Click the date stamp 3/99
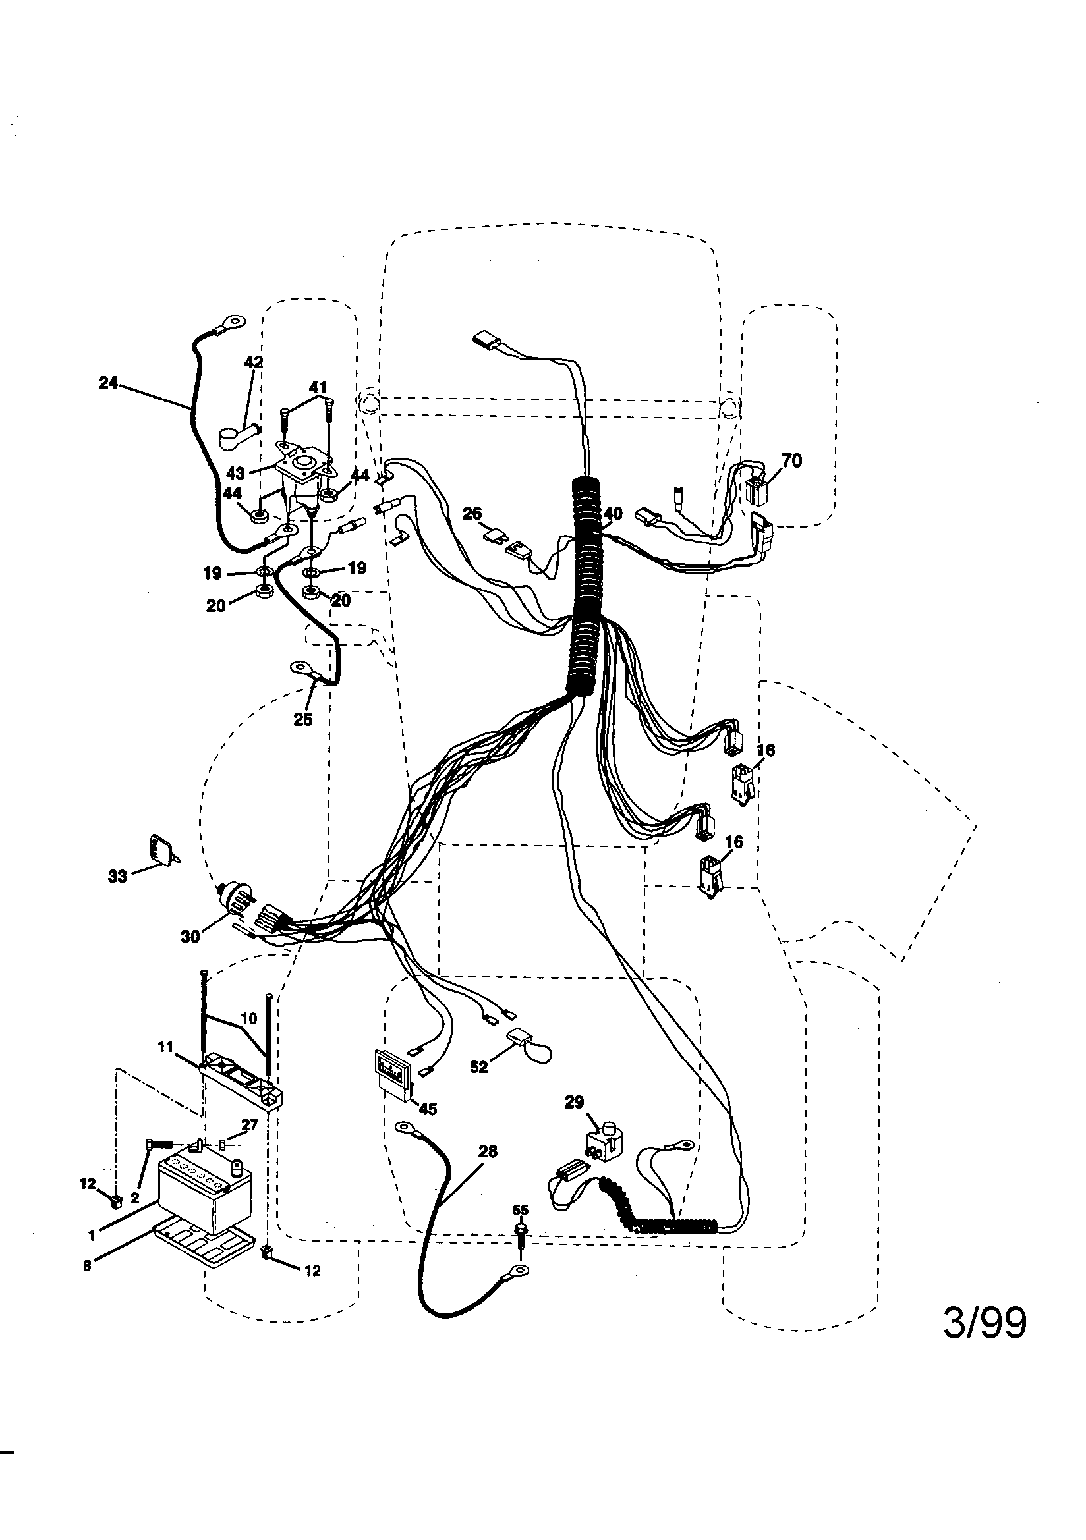pyautogui.click(x=985, y=1323)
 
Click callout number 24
pyautogui.click(x=108, y=383)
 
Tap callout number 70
pyautogui.click(x=791, y=462)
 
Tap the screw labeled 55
pyautogui.click(x=520, y=1232)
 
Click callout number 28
pyautogui.click(x=488, y=1151)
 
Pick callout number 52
pyautogui.click(x=478, y=1066)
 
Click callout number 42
pyautogui.click(x=254, y=362)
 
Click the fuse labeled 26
pyautogui.click(x=498, y=536)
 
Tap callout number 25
pyautogui.click(x=303, y=719)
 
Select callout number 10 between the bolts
pyautogui.click(x=248, y=1019)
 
